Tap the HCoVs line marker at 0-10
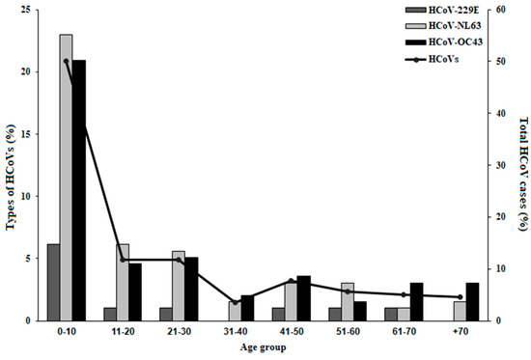coord(66,61)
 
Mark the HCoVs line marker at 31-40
coord(235,303)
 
